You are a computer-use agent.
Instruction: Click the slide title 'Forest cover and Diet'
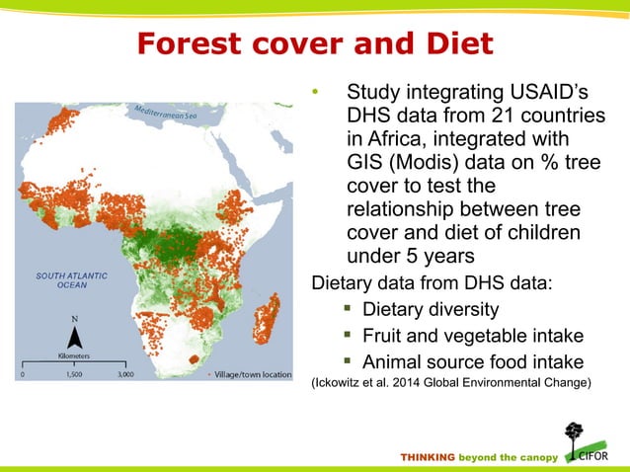click(x=314, y=45)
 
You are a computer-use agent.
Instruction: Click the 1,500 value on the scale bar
click(x=77, y=376)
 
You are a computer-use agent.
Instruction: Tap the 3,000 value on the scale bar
click(x=127, y=376)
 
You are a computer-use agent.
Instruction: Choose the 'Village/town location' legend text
click(x=252, y=375)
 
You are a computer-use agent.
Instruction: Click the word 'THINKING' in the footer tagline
click(x=428, y=457)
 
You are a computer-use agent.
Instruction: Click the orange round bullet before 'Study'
click(x=315, y=95)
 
